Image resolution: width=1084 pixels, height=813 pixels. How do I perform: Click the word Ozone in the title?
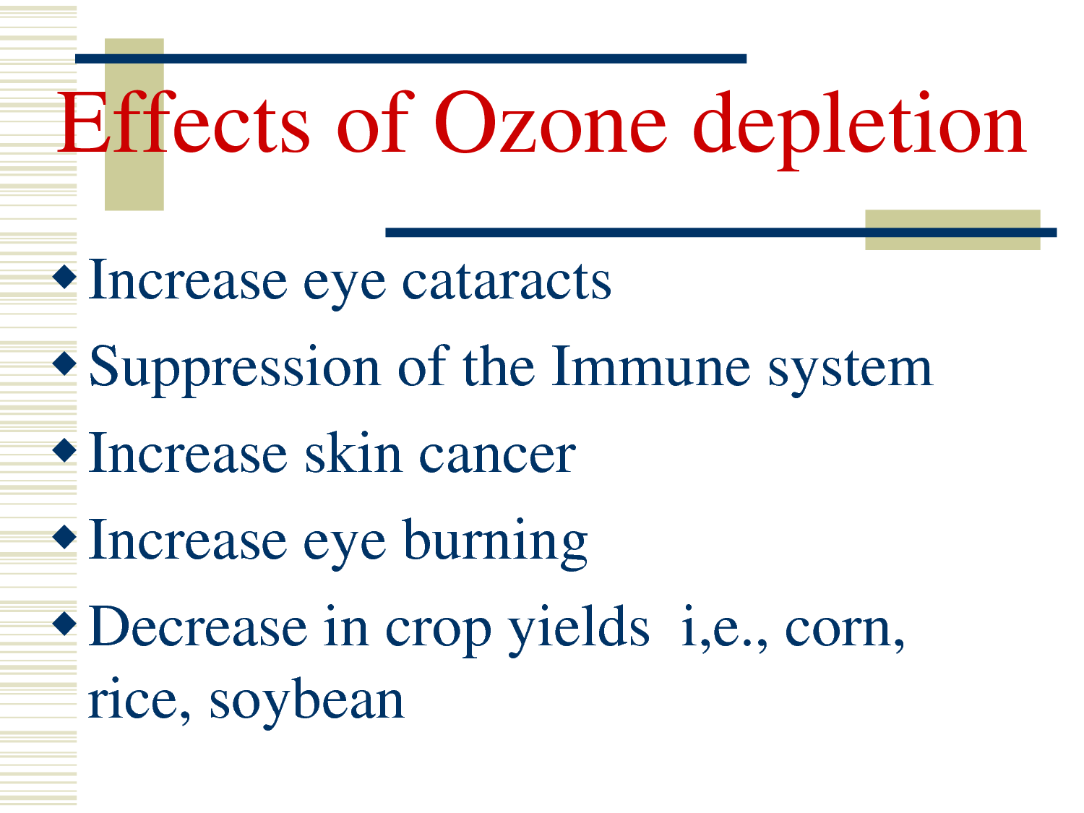[550, 121]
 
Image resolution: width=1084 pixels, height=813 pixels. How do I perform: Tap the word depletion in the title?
[859, 130]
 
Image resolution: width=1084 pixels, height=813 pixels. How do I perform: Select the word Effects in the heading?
[184, 121]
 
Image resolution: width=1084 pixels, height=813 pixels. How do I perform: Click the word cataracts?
[507, 281]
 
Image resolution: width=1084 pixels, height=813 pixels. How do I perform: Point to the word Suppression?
[235, 369]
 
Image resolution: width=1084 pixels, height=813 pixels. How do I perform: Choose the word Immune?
[651, 366]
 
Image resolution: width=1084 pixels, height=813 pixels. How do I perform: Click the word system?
[850, 372]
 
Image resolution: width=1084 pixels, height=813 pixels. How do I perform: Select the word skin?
[353, 452]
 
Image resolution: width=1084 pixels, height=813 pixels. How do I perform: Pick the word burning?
[496, 543]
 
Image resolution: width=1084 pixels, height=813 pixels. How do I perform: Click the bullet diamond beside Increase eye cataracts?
[65, 277]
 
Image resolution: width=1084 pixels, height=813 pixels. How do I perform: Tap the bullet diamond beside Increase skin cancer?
[65, 449]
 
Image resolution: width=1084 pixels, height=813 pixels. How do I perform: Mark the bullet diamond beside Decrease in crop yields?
[65, 623]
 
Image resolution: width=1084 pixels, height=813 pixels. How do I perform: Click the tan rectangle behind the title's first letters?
[134, 124]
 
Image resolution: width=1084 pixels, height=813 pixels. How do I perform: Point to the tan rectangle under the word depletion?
[952, 230]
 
